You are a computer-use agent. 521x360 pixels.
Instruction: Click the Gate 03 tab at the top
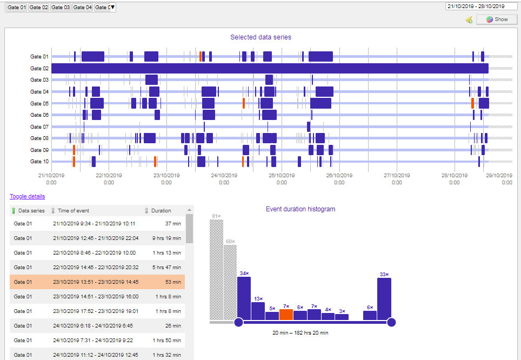pyautogui.click(x=61, y=7)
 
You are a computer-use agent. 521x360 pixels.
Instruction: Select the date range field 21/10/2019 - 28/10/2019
pyautogui.click(x=475, y=6)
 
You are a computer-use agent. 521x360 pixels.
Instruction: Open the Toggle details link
pyautogui.click(x=27, y=196)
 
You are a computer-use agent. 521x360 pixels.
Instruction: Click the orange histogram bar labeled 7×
pyautogui.click(x=286, y=314)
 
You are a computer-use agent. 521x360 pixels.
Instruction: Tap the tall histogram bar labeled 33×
pyautogui.click(x=384, y=298)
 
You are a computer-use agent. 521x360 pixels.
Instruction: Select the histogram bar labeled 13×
pyautogui.click(x=258, y=311)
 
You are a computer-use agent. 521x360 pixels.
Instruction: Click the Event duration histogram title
pyautogui.click(x=300, y=209)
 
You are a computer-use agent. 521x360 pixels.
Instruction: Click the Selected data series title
pyautogui.click(x=260, y=37)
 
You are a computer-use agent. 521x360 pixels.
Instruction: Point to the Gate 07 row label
pyautogui.click(x=39, y=127)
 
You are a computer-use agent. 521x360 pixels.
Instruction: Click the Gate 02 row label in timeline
pyautogui.click(x=39, y=69)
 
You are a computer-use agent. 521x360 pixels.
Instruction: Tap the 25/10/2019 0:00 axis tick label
pyautogui.click(x=282, y=178)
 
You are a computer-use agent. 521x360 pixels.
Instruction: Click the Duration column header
pyautogui.click(x=161, y=211)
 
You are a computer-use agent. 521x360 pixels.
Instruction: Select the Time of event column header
pyautogui.click(x=73, y=211)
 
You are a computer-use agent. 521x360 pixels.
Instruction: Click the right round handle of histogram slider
pyautogui.click(x=392, y=323)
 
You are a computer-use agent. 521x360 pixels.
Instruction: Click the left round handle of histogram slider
pyautogui.click(x=238, y=323)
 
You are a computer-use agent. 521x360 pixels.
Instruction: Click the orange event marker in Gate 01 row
pyautogui.click(x=201, y=57)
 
